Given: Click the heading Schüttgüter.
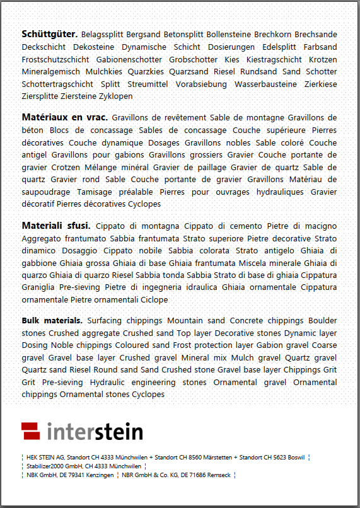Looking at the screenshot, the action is coord(49,34).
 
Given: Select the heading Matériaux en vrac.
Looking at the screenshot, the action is coord(65,118).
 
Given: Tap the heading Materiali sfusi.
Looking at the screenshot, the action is coord(56,226).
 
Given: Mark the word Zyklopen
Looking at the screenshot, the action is coord(115,96).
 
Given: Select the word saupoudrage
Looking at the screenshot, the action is coord(47,192).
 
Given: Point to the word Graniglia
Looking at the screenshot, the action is coord(40,287).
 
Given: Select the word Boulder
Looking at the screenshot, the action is coord(323,320).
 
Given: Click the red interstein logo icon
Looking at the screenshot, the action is coord(31,431).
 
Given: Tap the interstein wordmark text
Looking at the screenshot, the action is coord(95,432).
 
